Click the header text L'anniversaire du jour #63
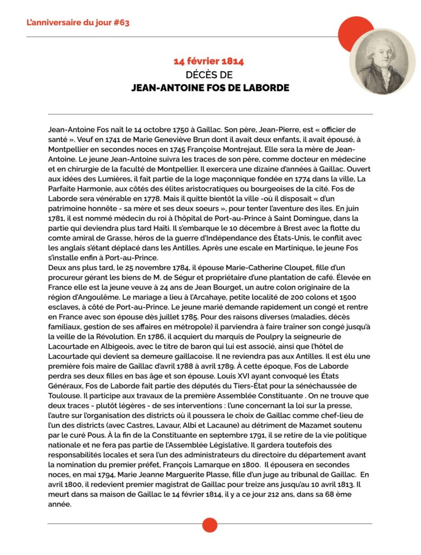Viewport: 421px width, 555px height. tap(78, 23)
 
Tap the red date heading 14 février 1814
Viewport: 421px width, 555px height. tap(210, 61)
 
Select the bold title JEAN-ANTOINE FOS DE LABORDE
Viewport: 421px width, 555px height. tap(210, 87)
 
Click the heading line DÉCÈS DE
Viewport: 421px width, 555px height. tap(210, 74)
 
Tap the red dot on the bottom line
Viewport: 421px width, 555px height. tap(210, 525)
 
